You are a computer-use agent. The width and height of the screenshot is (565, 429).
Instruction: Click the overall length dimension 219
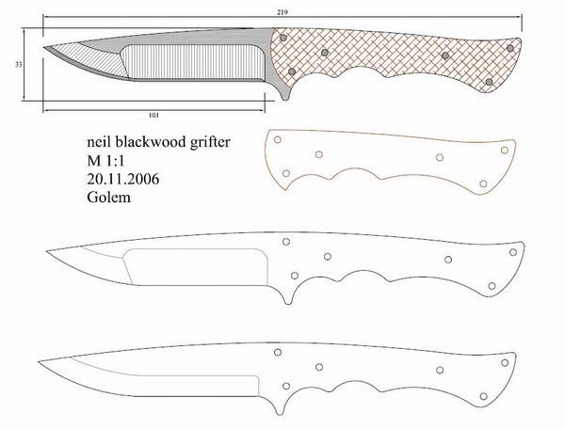click(282, 12)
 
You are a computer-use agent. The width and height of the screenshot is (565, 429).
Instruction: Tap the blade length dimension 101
click(153, 116)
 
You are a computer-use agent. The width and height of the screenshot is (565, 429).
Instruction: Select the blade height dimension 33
click(19, 65)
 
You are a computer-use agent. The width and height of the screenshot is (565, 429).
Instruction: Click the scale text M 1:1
click(105, 161)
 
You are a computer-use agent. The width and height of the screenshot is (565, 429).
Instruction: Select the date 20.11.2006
click(122, 179)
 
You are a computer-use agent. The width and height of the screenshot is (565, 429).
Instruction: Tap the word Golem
click(108, 198)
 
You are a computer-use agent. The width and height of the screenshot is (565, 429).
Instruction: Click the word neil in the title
click(100, 142)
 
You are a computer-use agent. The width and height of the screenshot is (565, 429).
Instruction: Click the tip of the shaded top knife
click(44, 47)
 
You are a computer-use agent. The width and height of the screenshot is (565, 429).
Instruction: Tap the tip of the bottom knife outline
click(39, 361)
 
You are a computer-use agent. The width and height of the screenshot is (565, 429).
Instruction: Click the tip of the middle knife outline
click(47, 251)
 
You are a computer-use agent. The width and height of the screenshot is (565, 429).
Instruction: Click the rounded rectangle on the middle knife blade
click(195, 267)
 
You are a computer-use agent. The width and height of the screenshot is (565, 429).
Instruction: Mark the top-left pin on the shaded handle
click(283, 38)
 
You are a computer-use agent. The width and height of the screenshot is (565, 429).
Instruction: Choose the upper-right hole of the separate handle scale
click(505, 150)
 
